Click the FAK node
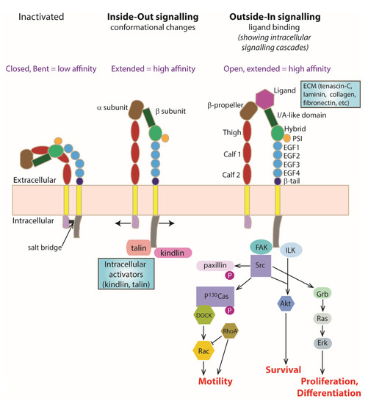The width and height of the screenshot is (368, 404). click(x=259, y=247)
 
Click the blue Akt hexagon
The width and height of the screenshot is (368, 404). click(x=286, y=303)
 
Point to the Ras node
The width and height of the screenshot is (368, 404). click(x=322, y=320)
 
